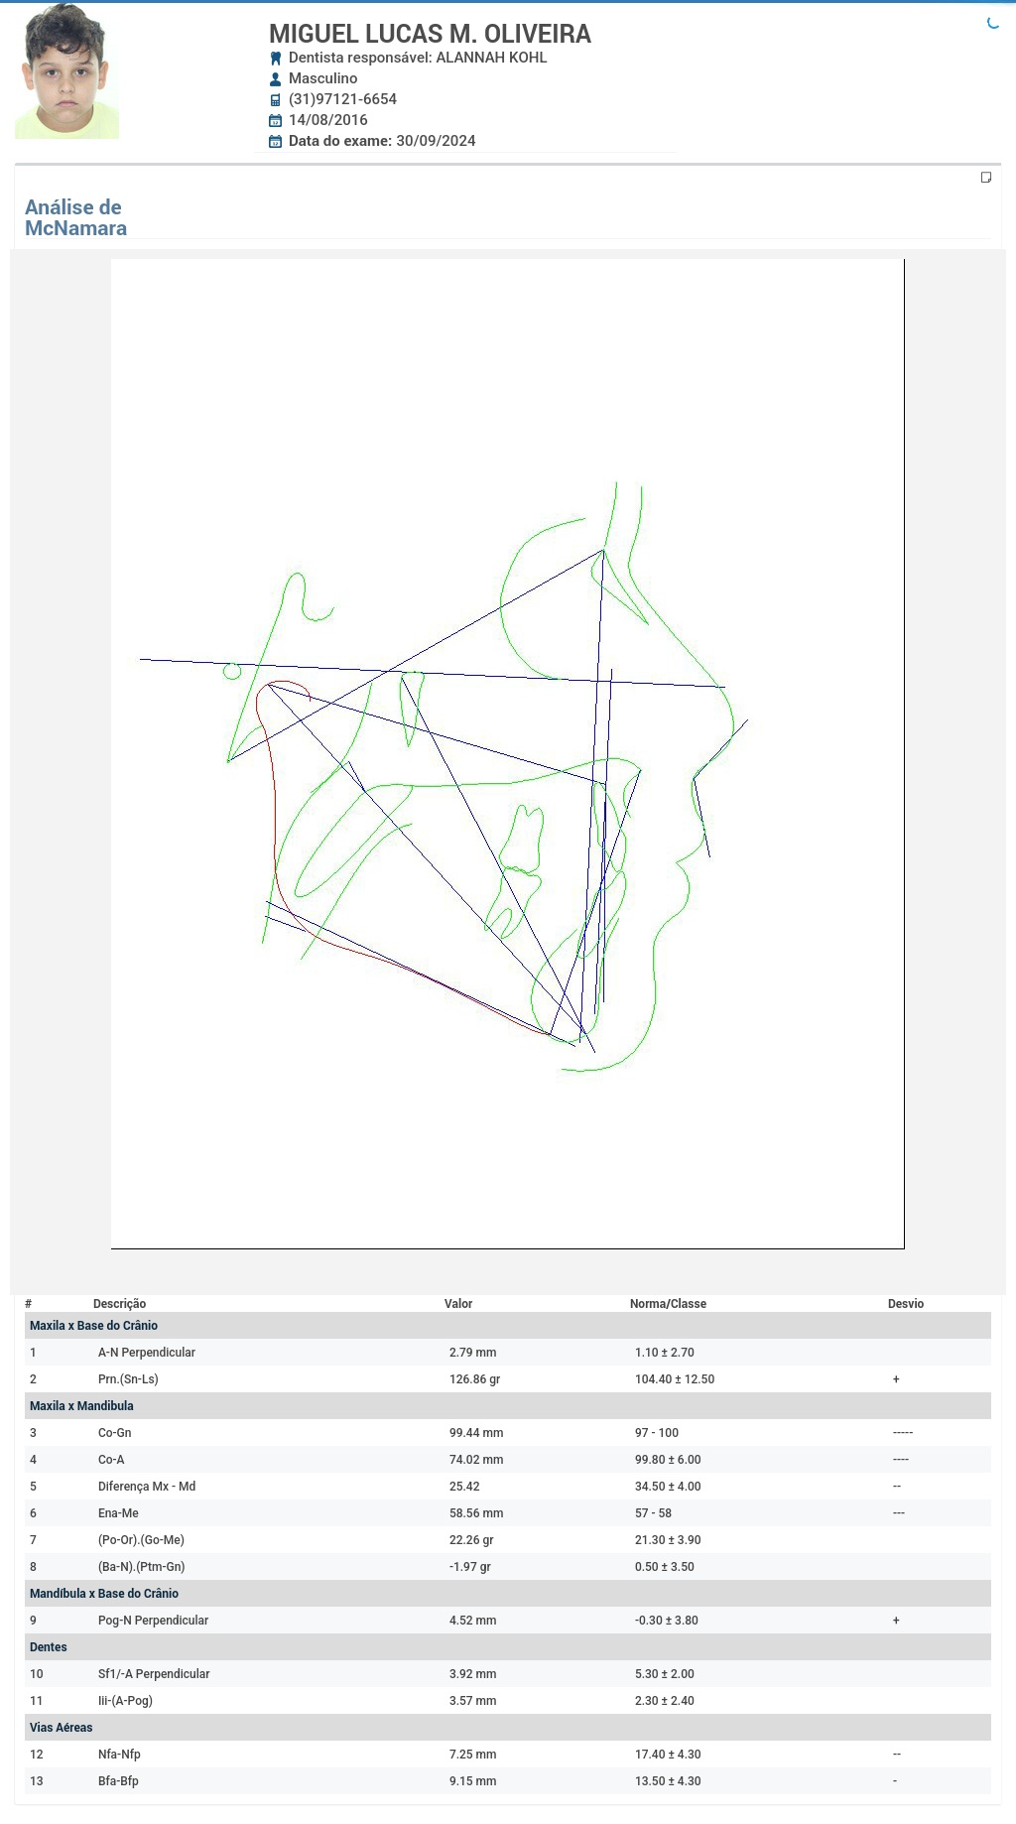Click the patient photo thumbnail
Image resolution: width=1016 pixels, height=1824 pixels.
pos(66,71)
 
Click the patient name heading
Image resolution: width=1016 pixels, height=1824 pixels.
pos(430,34)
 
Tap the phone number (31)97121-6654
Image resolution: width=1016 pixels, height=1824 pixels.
pos(342,99)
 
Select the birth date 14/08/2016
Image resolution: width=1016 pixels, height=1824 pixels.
pos(327,120)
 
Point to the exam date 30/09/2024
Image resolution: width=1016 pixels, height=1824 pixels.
pos(436,141)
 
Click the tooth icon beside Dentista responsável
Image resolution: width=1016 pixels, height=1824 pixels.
pos(276,59)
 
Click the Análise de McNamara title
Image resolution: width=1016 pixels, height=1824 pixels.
pos(75,217)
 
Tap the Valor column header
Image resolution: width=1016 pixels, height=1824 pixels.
pos(458,1304)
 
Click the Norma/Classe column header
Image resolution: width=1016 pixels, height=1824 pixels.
pos(668,1304)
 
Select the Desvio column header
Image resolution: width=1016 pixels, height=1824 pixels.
pos(906,1304)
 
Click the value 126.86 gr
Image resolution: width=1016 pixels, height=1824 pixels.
pos(474,1379)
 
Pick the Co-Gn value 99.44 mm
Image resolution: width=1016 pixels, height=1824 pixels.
pos(476,1433)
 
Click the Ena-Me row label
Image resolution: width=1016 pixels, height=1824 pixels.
pos(118,1513)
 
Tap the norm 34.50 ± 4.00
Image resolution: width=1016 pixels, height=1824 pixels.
pos(668,1487)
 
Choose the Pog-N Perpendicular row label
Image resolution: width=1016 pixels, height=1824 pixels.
pos(153,1621)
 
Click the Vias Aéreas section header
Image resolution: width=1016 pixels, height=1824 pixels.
pos(61,1728)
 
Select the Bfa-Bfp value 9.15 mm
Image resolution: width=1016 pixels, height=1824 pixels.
pos(472,1781)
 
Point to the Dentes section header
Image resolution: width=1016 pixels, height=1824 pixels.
pos(49,1647)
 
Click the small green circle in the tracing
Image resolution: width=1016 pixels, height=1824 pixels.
pos(232,671)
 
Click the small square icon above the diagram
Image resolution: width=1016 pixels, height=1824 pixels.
pos(986,178)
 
